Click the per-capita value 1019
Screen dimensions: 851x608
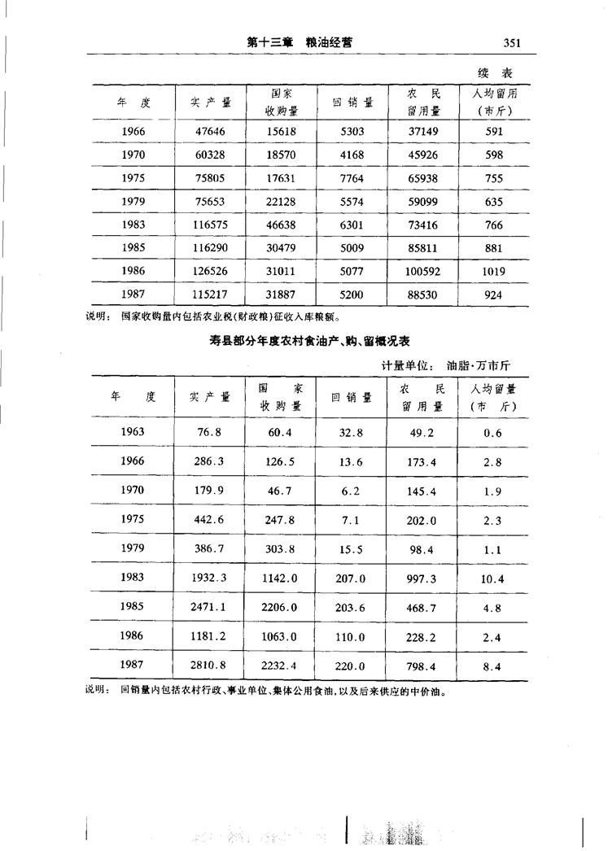tap(493, 272)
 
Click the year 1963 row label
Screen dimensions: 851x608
tap(133, 432)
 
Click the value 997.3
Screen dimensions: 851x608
tap(422, 578)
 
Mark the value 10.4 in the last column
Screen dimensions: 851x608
tap(492, 578)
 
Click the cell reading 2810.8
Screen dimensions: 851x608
tap(210, 666)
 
